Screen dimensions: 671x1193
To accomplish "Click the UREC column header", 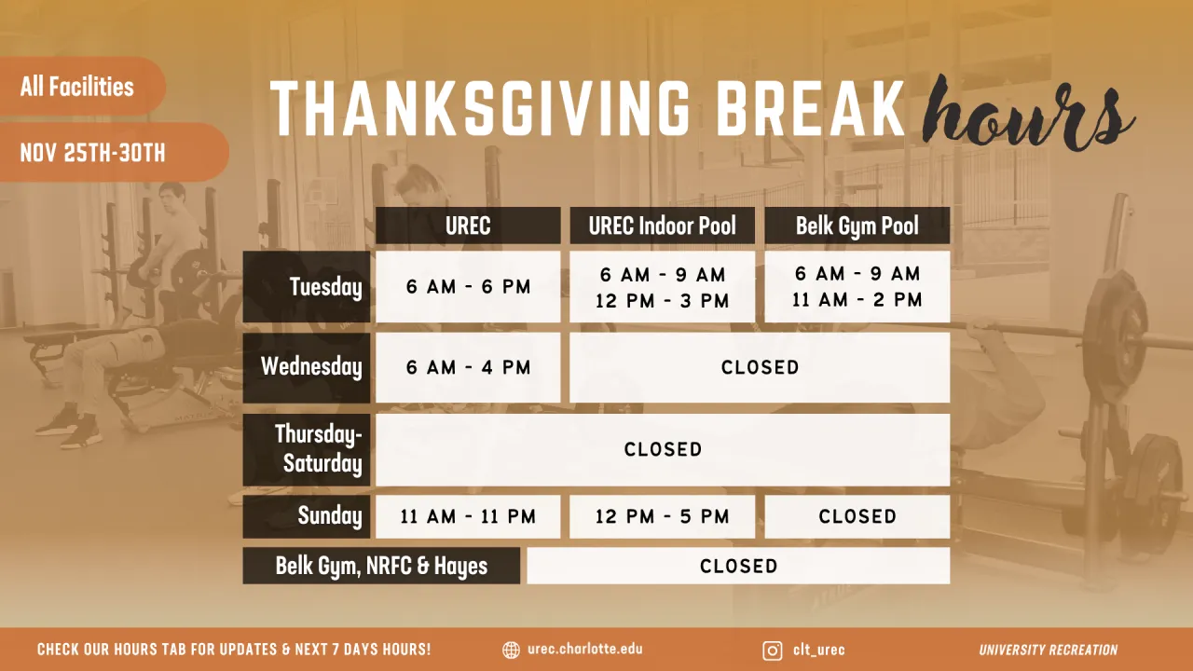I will tap(468, 226).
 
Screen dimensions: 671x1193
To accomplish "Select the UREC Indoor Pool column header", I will tap(662, 226).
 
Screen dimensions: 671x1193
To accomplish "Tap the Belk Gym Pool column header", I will tap(857, 226).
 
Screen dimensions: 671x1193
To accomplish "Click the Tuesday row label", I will tap(307, 287).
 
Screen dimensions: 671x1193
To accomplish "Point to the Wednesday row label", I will tap(307, 367).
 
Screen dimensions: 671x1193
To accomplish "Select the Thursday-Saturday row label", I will tap(307, 449).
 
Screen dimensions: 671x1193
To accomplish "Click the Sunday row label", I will tap(307, 516).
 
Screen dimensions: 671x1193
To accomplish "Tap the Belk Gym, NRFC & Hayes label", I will tap(381, 566).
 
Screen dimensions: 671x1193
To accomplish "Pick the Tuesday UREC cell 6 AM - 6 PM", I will tap(468, 287).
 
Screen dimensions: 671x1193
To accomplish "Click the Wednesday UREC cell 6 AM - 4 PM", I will tap(468, 367).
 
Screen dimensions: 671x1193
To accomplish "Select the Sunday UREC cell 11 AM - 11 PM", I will tap(468, 516).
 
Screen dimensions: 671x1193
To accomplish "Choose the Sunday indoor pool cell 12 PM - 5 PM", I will tap(662, 516).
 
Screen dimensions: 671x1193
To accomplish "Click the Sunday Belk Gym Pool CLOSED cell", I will tap(857, 516).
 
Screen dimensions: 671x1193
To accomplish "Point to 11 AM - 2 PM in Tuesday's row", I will tap(857, 300).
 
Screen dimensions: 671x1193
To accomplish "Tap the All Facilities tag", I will tap(77, 87).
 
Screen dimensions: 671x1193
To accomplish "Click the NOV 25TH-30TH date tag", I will tap(93, 153).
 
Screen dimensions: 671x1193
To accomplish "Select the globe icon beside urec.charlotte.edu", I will tap(511, 650).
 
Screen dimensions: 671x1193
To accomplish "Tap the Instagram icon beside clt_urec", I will tap(773, 650).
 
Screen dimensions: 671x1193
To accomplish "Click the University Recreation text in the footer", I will tap(1048, 650).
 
